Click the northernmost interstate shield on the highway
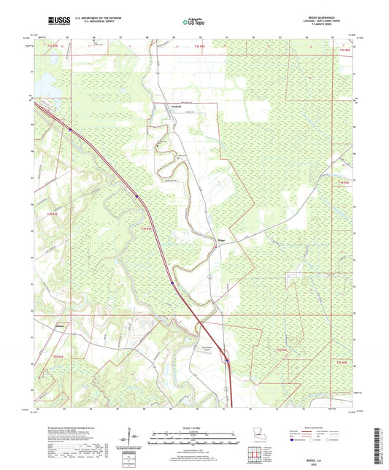click(x=70, y=130)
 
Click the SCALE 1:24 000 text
click(x=194, y=426)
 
